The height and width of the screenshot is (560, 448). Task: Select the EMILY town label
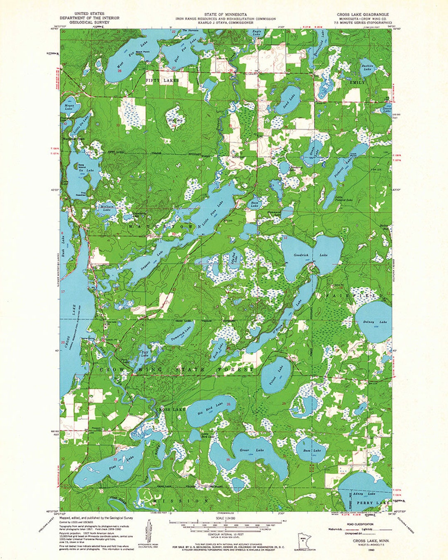[x=358, y=83]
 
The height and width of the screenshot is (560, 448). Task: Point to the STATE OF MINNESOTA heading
[x=225, y=14]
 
